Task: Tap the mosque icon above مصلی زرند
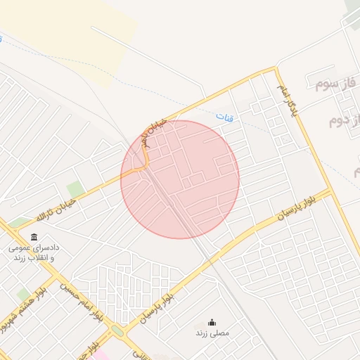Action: point(212,322)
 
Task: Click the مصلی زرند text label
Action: point(212,333)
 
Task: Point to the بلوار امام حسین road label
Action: point(79,303)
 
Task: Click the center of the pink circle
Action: point(180,179)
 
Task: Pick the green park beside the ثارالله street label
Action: point(75,189)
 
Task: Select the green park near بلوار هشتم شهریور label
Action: point(23,293)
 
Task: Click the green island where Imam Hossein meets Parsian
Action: point(117,330)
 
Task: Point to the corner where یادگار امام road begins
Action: point(274,70)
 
